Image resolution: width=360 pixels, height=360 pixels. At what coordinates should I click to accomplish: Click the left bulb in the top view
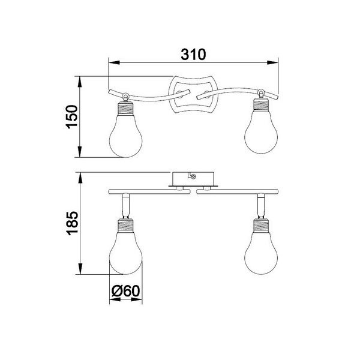point(125,134)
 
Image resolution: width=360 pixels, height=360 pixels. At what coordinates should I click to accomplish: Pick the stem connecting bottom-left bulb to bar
point(125,206)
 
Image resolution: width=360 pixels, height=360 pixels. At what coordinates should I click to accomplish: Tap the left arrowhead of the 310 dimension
point(112,61)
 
